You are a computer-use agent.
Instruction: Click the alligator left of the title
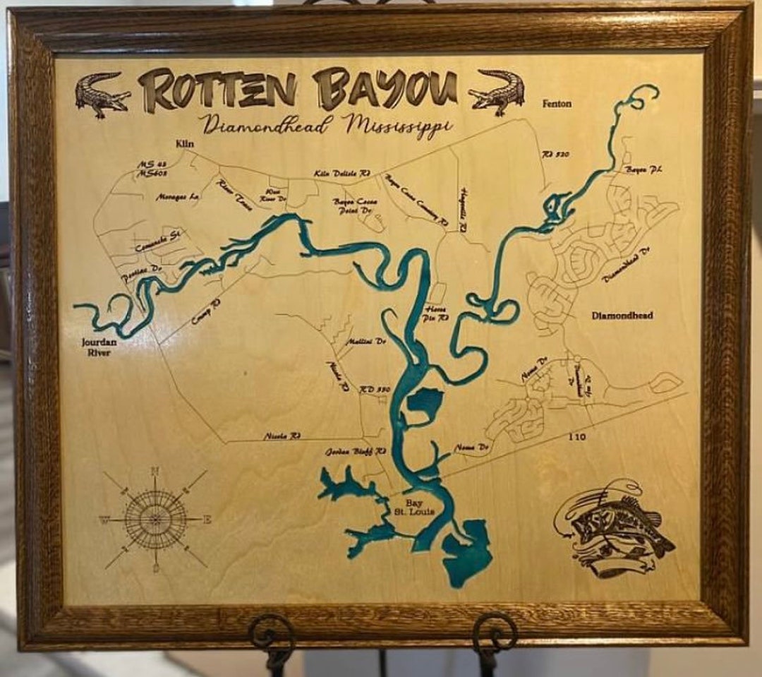102,94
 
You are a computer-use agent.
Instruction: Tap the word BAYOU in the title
385,88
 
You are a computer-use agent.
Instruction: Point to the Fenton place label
557,104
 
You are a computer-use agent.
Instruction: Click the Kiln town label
184,143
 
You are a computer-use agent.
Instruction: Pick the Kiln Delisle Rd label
342,173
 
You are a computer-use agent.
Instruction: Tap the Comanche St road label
157,243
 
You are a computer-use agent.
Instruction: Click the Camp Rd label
206,311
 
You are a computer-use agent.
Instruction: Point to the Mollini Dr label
365,341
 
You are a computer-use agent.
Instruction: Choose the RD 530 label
375,389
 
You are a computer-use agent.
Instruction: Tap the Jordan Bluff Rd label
356,450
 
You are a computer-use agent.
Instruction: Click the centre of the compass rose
155,520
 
